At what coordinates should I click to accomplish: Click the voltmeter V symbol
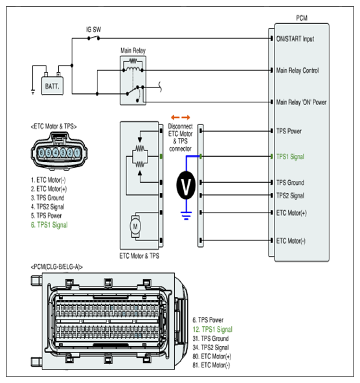pyautogui.click(x=186, y=185)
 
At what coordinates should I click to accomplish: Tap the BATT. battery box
pyautogui.click(x=52, y=86)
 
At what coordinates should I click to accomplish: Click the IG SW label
pyautogui.click(x=93, y=30)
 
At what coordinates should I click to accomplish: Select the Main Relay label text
pyautogui.click(x=133, y=51)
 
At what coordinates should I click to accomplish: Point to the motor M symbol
pyautogui.click(x=135, y=226)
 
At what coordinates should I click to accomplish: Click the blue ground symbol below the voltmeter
pyautogui.click(x=186, y=216)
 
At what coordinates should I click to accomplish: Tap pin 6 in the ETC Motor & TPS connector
pyautogui.click(x=41, y=153)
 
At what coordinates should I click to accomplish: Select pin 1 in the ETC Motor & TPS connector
pyautogui.click(x=77, y=153)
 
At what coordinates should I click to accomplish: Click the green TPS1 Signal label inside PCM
pyautogui.click(x=290, y=157)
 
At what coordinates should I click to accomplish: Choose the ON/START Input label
pyautogui.click(x=295, y=39)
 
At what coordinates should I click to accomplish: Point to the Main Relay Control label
pyautogui.click(x=297, y=71)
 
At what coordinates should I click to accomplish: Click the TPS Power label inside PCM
pyautogui.click(x=289, y=131)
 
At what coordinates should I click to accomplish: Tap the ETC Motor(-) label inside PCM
pyautogui.click(x=291, y=241)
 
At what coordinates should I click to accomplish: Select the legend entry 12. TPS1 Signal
pyautogui.click(x=212, y=329)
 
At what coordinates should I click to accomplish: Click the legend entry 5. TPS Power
pyautogui.click(x=46, y=216)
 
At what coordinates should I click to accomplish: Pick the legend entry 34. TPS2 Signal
pyautogui.click(x=210, y=347)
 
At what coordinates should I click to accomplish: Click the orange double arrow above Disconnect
pyautogui.click(x=181, y=117)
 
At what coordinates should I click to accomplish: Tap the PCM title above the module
pyautogui.click(x=302, y=18)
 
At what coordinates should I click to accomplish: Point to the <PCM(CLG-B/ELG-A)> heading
pyautogui.click(x=56, y=267)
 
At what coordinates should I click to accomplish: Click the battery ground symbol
pyautogui.click(x=33, y=92)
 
